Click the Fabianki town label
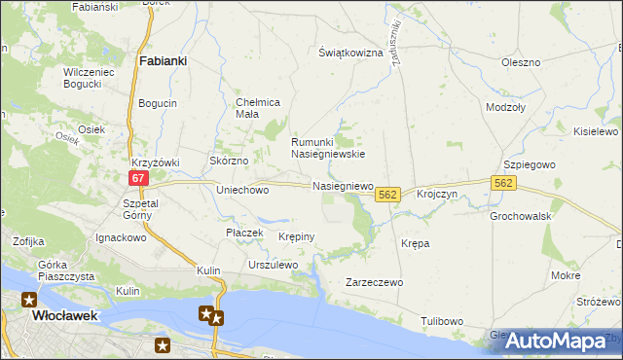coord(164,59)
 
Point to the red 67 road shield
coord(138,177)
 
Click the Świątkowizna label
coord(350,53)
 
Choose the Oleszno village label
coord(521,62)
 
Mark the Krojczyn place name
coord(437,195)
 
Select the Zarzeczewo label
coord(374,282)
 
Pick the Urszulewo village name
coord(273,265)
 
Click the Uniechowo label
coord(242,191)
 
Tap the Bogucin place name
coord(158,103)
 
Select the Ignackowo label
coord(120,236)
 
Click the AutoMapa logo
coord(552,340)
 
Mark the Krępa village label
coord(416,243)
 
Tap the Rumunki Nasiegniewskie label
coord(329,147)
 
